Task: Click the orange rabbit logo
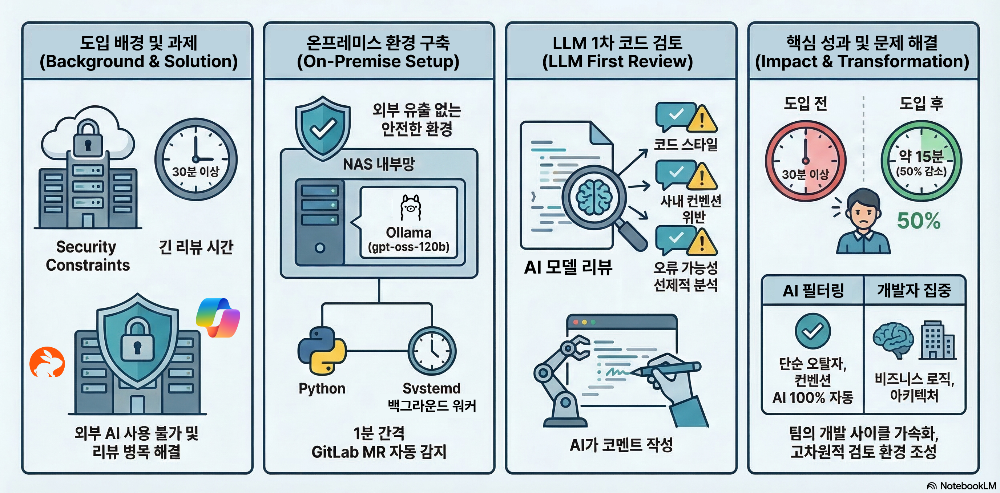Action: (47, 362)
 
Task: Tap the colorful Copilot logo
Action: (218, 317)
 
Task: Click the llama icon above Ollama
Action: (410, 208)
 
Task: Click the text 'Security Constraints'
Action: (87, 256)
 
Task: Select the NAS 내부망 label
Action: (379, 164)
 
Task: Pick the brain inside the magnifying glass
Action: (594, 198)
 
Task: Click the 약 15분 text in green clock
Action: (921, 156)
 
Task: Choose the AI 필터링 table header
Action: (813, 290)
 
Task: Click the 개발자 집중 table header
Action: (914, 290)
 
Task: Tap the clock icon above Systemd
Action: (432, 351)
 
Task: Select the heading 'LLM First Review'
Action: (617, 61)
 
